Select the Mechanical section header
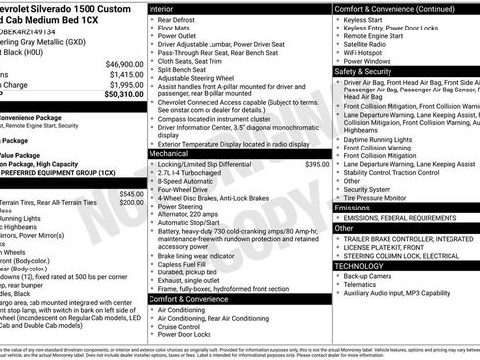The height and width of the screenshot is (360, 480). (x=174, y=153)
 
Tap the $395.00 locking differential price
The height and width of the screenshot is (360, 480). (x=317, y=164)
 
